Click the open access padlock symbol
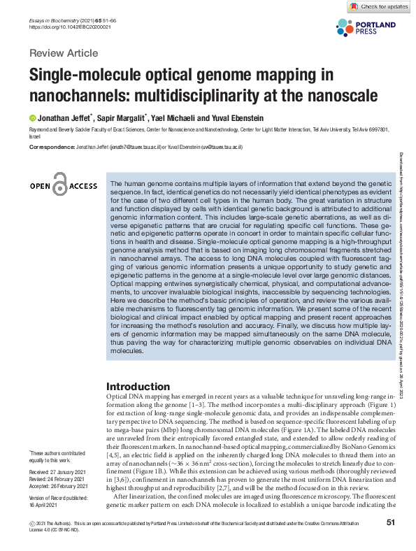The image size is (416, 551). tap(59, 185)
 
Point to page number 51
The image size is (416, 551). tap(391, 522)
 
